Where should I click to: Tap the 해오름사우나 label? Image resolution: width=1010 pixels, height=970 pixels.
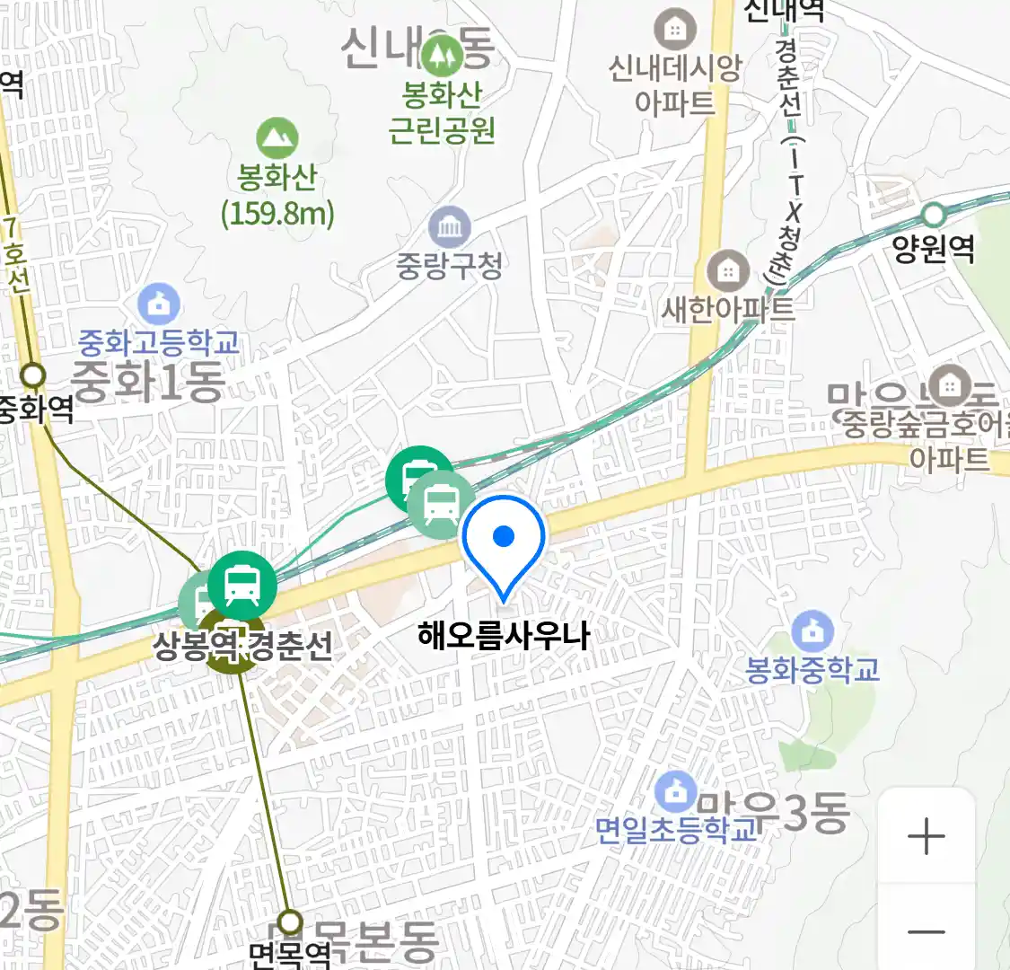[504, 636]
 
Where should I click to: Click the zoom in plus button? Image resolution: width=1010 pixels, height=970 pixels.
[926, 837]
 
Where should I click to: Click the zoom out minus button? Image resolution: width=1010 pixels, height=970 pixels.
[926, 930]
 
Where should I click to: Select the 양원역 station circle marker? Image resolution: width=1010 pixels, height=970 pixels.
[934, 215]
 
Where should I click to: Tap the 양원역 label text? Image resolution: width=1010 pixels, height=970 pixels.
[934, 248]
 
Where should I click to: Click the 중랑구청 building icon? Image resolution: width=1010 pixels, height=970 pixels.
[450, 227]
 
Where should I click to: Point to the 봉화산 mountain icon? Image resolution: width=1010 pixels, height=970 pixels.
[277, 138]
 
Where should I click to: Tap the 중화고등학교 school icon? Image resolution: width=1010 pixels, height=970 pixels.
[159, 304]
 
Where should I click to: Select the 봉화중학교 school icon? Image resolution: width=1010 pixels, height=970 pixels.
[812, 631]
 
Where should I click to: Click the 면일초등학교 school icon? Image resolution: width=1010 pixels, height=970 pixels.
[675, 791]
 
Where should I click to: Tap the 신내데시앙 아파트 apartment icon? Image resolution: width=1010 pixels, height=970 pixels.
[675, 30]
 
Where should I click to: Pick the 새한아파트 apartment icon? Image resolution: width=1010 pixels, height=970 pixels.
[728, 270]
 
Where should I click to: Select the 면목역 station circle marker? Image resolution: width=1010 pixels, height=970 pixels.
[289, 921]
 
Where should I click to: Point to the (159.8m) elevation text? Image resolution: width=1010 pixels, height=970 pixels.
[277, 214]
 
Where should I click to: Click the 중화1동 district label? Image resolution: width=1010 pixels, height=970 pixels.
[148, 381]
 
